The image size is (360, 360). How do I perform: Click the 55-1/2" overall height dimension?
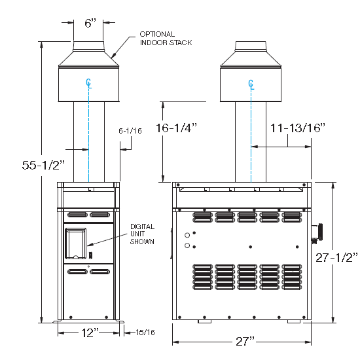pyautogui.click(x=43, y=165)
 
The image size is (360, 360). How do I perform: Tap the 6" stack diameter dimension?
pyautogui.click(x=90, y=23)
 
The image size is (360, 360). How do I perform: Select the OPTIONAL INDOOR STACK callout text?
pyautogui.click(x=166, y=39)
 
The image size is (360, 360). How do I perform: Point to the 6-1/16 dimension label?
pyautogui.click(x=130, y=131)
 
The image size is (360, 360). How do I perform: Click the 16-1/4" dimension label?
pyautogui.click(x=176, y=128)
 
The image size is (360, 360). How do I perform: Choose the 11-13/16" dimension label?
pyautogui.click(x=298, y=128)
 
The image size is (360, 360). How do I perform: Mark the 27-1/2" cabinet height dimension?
pyautogui.click(x=336, y=257)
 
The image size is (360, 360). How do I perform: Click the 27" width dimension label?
pyautogui.click(x=245, y=342)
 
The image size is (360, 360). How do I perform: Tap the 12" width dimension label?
pyautogui.click(x=90, y=333)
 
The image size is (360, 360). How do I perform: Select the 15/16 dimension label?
pyautogui.click(x=145, y=333)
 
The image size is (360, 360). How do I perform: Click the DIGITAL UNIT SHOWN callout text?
pyautogui.click(x=142, y=234)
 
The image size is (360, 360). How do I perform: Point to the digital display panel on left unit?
pyautogui.click(x=76, y=243)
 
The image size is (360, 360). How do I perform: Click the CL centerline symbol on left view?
pyautogui.click(x=89, y=84)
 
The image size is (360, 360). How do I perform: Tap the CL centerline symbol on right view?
pyautogui.click(x=251, y=84)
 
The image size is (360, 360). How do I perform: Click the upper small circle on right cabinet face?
pyautogui.click(x=187, y=235)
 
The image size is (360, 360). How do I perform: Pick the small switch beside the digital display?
pyautogui.click(x=90, y=255)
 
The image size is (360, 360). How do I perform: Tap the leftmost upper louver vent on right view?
pyautogui.click(x=202, y=217)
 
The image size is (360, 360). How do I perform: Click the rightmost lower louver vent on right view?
pyautogui.click(x=292, y=277)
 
